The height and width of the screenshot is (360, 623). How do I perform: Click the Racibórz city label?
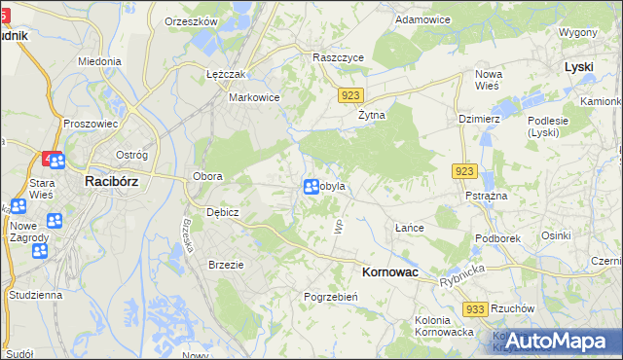[116, 180]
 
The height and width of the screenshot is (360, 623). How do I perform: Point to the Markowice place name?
[254, 97]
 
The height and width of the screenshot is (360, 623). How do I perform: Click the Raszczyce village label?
[338, 57]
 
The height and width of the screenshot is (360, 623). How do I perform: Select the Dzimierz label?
[479, 118]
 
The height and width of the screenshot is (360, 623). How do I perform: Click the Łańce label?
[410, 227]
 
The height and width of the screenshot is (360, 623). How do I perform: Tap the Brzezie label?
[226, 264]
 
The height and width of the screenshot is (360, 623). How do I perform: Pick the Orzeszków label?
[191, 20]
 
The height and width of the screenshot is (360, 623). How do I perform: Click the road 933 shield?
[475, 309]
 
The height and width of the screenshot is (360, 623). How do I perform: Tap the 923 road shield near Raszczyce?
[352, 94]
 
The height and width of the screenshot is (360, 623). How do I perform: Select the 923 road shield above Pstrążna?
[464, 171]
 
